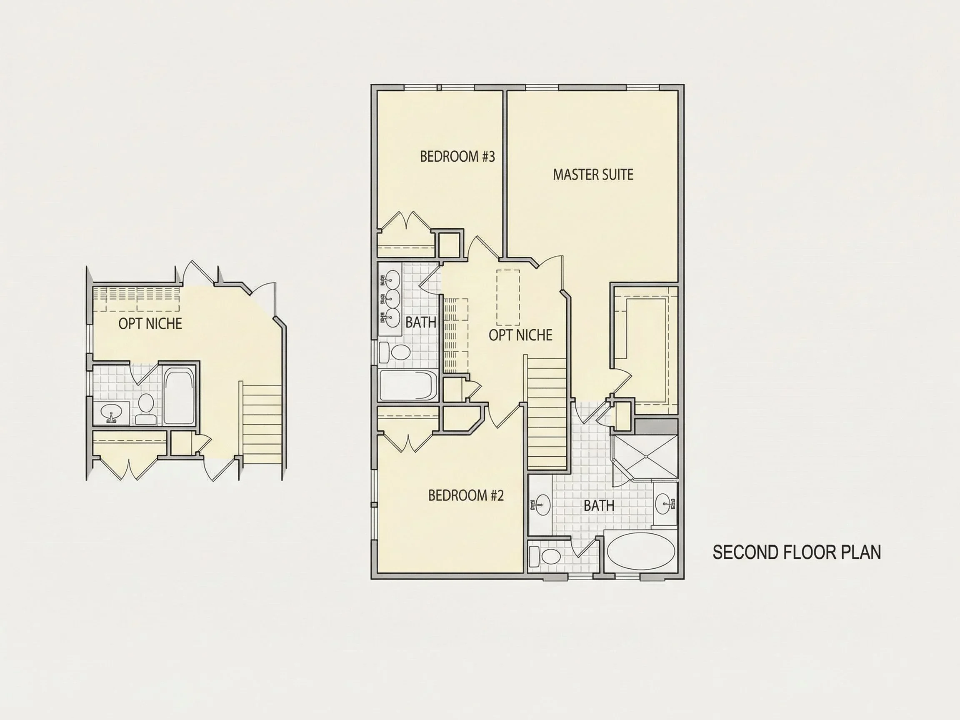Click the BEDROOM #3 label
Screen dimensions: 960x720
coord(457,156)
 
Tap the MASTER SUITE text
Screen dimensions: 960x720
coord(593,175)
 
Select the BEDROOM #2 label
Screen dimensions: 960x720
coord(466,495)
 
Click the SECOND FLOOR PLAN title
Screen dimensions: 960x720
coord(797,552)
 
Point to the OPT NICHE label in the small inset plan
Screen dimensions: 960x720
coord(150,324)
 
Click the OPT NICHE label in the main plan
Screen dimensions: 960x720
coord(520,335)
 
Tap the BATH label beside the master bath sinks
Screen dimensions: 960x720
coord(599,505)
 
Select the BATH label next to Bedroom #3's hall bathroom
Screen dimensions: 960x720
coord(420,322)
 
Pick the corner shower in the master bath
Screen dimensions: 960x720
coord(644,457)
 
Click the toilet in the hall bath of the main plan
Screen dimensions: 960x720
coord(395,352)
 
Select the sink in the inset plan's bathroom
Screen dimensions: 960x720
coord(112,412)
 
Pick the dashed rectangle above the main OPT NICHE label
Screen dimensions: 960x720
coord(508,298)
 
